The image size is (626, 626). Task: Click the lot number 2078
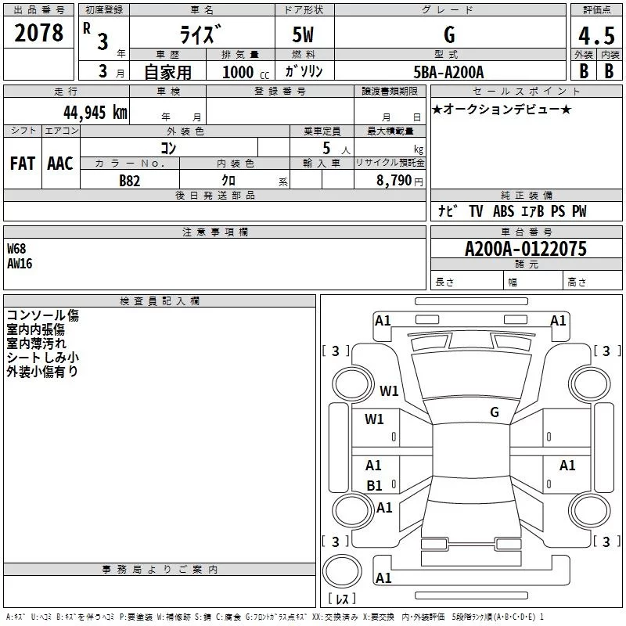point(39,33)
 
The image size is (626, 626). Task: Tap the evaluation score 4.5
point(595,37)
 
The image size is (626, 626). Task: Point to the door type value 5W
point(304,35)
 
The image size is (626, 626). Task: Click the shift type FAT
point(22,163)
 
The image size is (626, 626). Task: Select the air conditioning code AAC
point(59,163)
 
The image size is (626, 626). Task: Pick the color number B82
point(130,180)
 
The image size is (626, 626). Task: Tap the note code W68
point(16,248)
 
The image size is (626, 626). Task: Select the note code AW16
point(20,263)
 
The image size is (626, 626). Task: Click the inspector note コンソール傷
point(42,315)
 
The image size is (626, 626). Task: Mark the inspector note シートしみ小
point(42,358)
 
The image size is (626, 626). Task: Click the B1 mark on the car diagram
point(374,486)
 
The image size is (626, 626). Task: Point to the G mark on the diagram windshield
point(494,412)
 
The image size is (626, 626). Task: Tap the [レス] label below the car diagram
point(341,599)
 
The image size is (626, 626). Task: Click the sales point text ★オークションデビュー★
point(501,109)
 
